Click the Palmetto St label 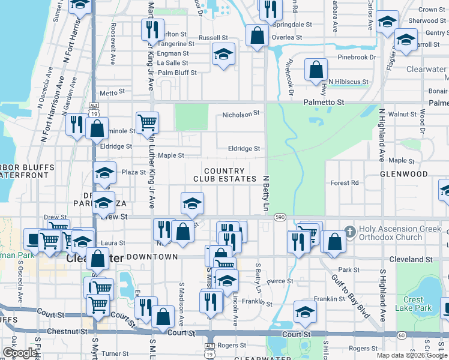pyautogui.click(x=324, y=103)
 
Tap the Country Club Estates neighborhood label pyautogui.click(x=224, y=175)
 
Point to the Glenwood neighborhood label pyautogui.click(x=403, y=174)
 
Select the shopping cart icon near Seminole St pyautogui.click(x=147, y=122)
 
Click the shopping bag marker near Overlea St pyautogui.click(x=257, y=35)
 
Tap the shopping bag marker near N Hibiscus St pyautogui.click(x=316, y=70)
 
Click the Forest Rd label pyautogui.click(x=345, y=183)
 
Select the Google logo pyautogui.click(x=20, y=353)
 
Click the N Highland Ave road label pyautogui.click(x=381, y=135)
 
